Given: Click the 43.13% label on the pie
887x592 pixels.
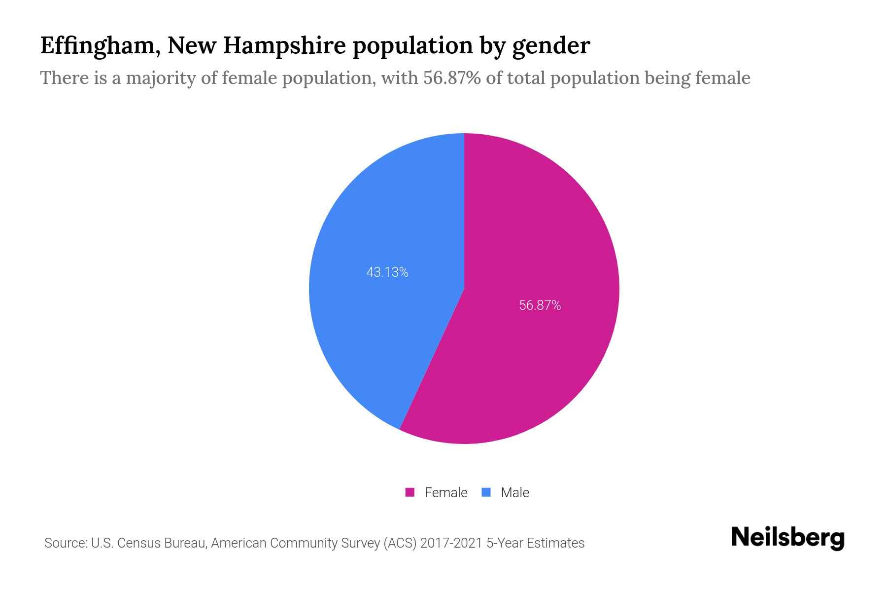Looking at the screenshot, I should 387,272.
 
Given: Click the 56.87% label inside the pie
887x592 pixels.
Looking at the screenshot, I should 540,305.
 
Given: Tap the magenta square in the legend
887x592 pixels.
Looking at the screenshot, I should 410,492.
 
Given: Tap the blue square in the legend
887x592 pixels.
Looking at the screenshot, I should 486,492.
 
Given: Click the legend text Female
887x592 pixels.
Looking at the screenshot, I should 446,492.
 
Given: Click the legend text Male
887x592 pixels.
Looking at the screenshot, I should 515,492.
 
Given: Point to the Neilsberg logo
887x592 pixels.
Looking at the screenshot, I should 788,538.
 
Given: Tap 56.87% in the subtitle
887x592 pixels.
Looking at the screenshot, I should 452,78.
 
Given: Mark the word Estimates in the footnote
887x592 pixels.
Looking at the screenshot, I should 555,543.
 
